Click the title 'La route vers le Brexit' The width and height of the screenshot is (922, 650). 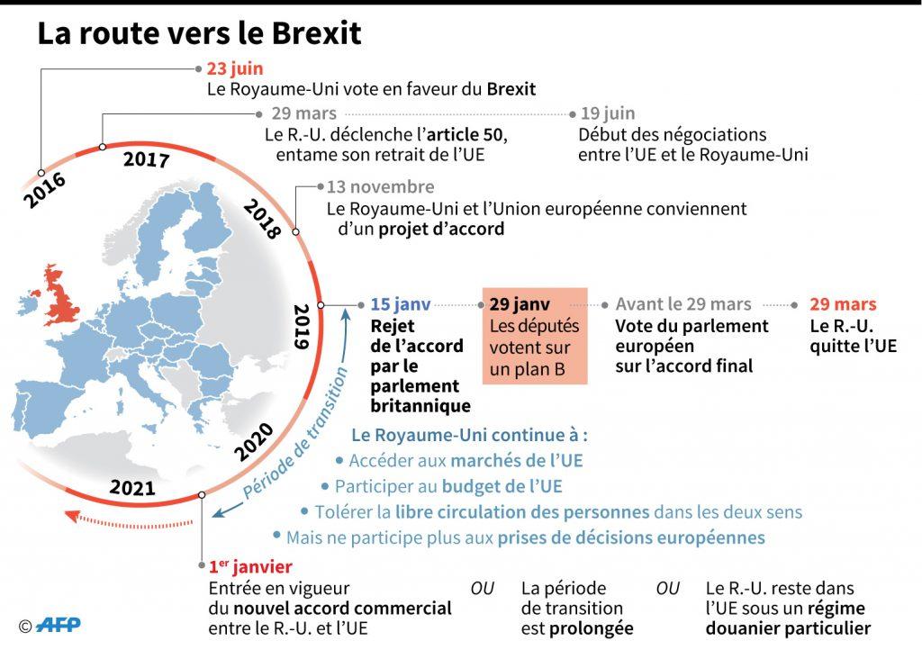pos(199,33)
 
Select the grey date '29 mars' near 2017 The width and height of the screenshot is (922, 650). pos(304,114)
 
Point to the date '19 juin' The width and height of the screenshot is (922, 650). pos(608,114)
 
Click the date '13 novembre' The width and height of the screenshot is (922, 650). pos(380,187)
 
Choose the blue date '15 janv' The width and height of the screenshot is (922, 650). pos(401,305)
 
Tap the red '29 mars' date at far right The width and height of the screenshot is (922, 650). pos(842,305)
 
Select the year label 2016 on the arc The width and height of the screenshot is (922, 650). pos(45,190)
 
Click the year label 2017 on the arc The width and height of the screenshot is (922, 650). pos(146,160)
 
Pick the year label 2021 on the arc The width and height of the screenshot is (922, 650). pos(132,488)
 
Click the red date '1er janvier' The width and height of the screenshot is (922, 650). pos(249,567)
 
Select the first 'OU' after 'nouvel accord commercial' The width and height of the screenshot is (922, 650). pos(483,589)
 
